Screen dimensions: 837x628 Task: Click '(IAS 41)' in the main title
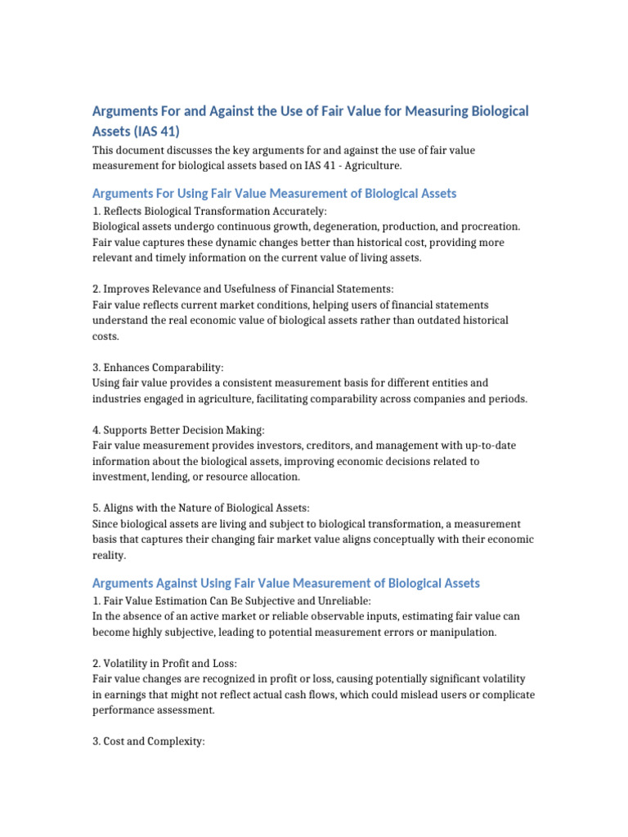click(x=136, y=131)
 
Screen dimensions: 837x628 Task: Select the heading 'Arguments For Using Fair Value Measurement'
click(x=274, y=194)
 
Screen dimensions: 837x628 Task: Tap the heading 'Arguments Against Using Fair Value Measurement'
click(x=285, y=584)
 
